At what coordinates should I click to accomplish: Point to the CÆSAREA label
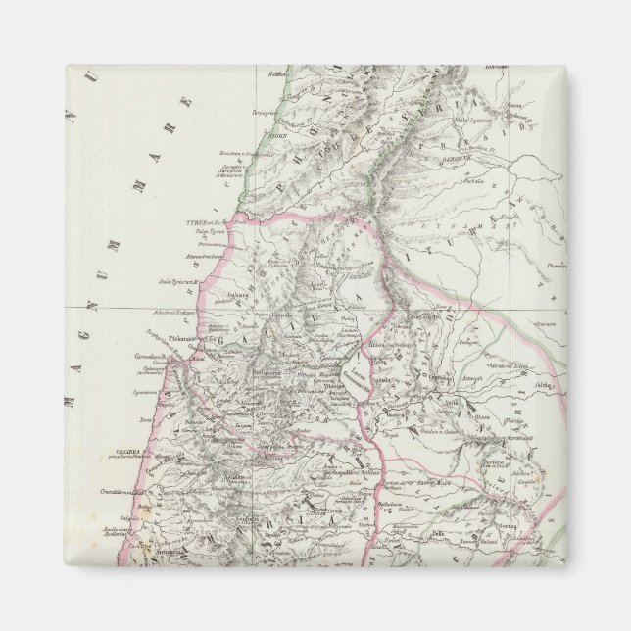(x=119, y=453)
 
